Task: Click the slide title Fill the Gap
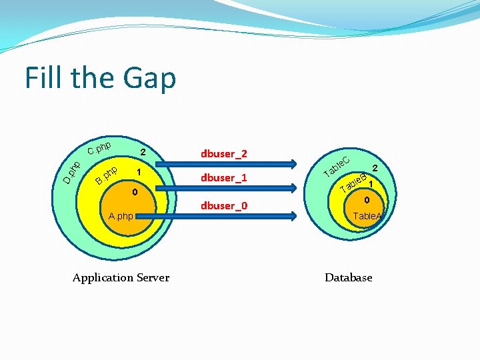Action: coord(101,78)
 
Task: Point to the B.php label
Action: coord(107,174)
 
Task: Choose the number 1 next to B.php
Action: coord(138,173)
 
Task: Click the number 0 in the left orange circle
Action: coord(134,193)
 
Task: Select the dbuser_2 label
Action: coord(223,154)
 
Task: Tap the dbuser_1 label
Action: coord(223,178)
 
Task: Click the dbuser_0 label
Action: coord(223,205)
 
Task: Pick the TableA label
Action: coord(368,216)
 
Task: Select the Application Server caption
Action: coord(121,277)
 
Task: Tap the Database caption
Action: coord(348,277)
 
